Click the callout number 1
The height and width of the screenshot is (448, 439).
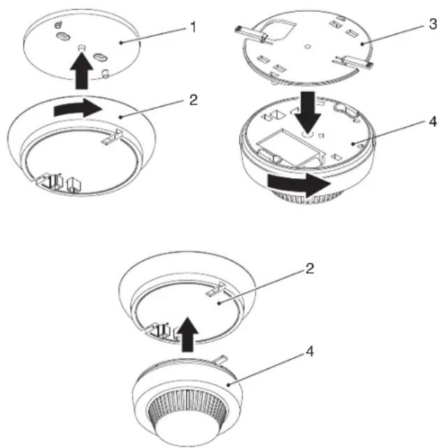193,28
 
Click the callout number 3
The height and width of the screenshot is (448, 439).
433,24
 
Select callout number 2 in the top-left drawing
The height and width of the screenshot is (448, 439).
193,100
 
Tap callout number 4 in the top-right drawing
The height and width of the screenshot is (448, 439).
433,121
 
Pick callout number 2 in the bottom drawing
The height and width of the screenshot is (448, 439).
310,268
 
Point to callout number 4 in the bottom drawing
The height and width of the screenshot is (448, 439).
310,351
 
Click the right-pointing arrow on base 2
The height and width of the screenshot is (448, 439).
78,108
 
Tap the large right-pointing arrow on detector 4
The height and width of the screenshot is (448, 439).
299,184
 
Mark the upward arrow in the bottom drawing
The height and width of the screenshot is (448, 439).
188,334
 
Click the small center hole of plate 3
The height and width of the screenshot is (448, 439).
308,46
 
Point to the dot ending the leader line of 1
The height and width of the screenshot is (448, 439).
121,43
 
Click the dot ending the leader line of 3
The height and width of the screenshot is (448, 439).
362,44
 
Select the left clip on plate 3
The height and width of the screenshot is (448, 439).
251,33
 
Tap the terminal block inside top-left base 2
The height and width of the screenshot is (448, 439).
59,183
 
